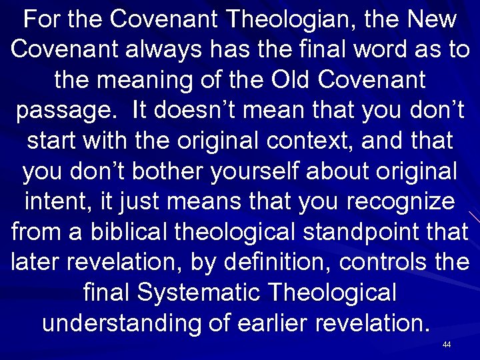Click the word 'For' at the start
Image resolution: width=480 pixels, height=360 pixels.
[41, 20]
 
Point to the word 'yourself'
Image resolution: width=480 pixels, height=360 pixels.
[255, 172]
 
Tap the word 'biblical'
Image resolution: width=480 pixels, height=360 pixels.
[135, 233]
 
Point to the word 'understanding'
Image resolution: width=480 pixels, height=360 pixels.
[123, 324]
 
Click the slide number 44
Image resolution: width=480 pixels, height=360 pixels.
[447, 345]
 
